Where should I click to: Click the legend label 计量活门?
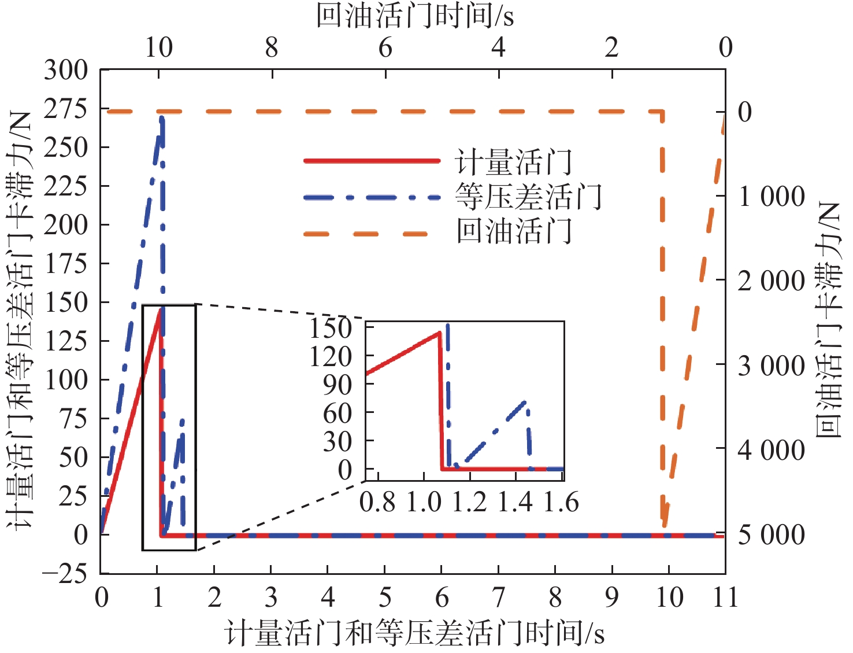[x=513, y=162]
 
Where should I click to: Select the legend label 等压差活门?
[x=528, y=197]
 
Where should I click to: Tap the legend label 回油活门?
[x=513, y=231]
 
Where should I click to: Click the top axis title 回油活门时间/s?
[x=414, y=15]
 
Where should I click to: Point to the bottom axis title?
[x=414, y=633]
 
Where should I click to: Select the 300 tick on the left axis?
[x=66, y=71]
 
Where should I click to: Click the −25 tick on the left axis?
[x=64, y=574]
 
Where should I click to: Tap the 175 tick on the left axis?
[x=66, y=264]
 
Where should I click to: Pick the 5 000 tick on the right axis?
[x=771, y=535]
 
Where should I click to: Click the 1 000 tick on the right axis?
[x=771, y=197]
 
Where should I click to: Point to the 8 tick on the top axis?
[x=272, y=48]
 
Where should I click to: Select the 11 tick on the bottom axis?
[x=725, y=597]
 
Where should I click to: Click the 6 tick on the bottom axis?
[x=442, y=597]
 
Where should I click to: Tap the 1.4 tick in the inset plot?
[x=515, y=502]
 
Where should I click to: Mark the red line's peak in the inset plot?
[x=440, y=333]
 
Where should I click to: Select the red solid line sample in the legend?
[x=372, y=160]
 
